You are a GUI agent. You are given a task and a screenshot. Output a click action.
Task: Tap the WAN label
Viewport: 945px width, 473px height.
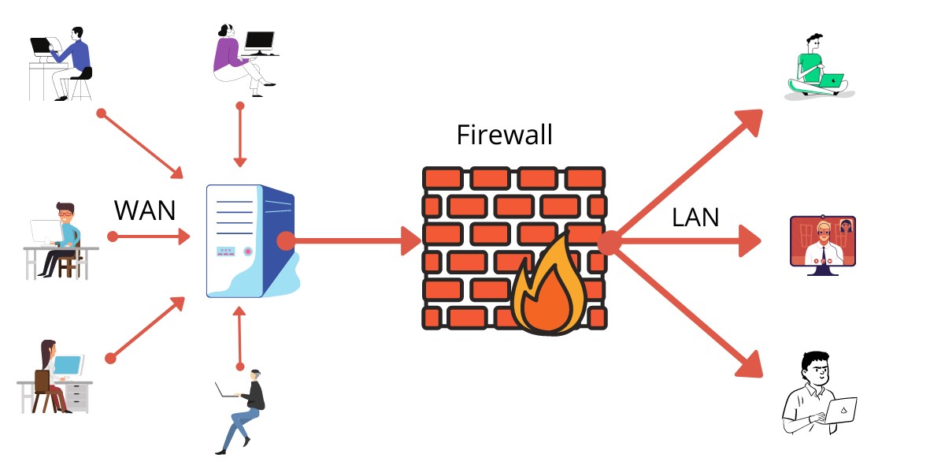pyautogui.click(x=145, y=210)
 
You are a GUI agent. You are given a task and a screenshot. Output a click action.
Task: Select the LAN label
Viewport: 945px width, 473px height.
pyautogui.click(x=695, y=217)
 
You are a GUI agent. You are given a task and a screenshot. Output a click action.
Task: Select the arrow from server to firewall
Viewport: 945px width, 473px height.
pyautogui.click(x=354, y=241)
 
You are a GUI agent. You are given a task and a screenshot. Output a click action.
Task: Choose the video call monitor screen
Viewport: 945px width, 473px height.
pyautogui.click(x=822, y=242)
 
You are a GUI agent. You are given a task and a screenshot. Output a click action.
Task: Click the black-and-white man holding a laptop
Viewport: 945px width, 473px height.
pyautogui.click(x=816, y=394)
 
